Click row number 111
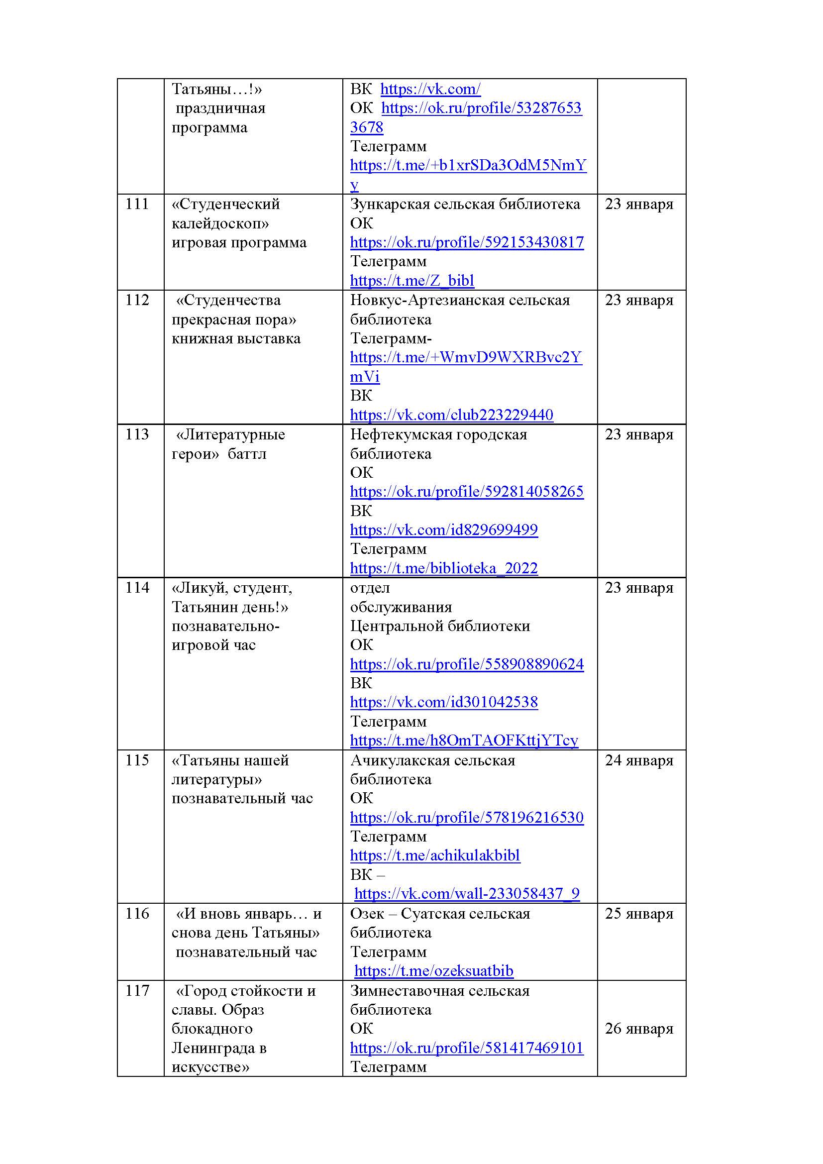[x=137, y=205]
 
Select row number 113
[x=137, y=434]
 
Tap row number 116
[x=137, y=914]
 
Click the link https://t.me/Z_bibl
[x=412, y=280]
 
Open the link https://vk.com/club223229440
[x=451, y=415]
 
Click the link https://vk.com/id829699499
[x=443, y=530]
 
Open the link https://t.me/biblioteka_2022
[x=443, y=568]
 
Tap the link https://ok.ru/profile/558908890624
[x=466, y=664]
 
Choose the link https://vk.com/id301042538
[x=443, y=702]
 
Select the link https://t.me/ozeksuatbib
[x=433, y=971]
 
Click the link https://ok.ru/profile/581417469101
[x=466, y=1048]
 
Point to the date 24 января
[x=638, y=760]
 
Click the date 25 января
[x=638, y=914]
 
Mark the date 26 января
[x=638, y=1029]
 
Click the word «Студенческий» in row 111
[x=225, y=205]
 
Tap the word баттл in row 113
[x=247, y=454]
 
